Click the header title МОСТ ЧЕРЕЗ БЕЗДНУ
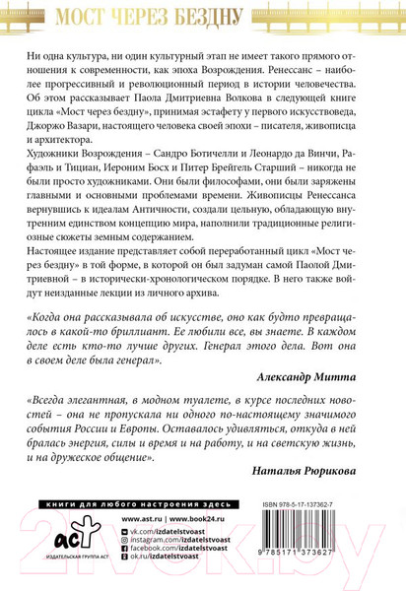202,17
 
